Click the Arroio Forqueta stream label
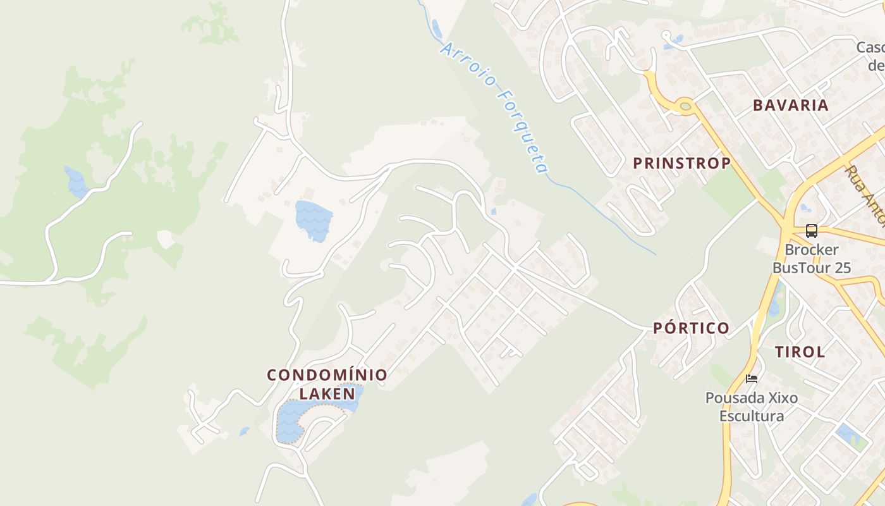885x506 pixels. [494, 108]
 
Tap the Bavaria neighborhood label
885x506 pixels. [790, 105]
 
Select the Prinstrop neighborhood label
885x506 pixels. [681, 163]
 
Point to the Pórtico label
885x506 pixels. [691, 328]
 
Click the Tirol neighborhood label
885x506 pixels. [800, 352]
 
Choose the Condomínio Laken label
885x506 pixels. [327, 384]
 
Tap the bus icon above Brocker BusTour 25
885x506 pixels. [811, 231]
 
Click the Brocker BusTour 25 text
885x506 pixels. [812, 259]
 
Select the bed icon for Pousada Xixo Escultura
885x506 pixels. [751, 379]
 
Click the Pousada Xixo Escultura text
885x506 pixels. [752, 407]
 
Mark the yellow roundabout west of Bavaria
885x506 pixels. [684, 106]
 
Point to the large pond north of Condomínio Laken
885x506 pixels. [313, 220]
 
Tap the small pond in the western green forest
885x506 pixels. [76, 182]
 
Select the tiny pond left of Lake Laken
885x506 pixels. [244, 431]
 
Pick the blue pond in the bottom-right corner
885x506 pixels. [845, 435]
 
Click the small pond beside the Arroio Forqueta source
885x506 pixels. [436, 28]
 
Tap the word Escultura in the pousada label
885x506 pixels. [752, 416]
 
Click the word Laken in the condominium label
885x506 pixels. [327, 393]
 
